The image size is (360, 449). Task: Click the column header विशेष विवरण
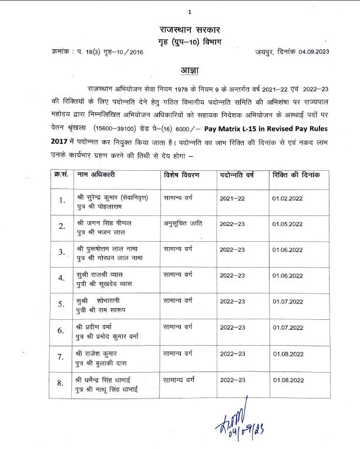pos(182,175)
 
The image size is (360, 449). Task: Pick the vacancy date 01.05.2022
pos(287,224)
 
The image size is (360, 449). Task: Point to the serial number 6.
pos(60,330)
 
